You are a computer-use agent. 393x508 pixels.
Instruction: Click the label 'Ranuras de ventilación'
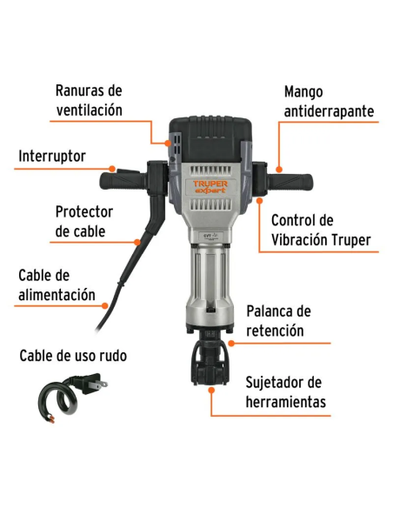[x=89, y=100]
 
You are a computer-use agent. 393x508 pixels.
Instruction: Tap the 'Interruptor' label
[x=52, y=157]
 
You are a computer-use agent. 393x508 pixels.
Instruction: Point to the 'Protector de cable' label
[x=83, y=221]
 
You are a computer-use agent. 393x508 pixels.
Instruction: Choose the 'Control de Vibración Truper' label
[x=321, y=230]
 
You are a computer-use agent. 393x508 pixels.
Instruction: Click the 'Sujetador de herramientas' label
[x=285, y=392]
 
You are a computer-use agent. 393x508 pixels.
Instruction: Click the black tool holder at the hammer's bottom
[x=210, y=358]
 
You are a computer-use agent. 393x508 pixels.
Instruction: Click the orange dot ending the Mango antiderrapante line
[x=280, y=168]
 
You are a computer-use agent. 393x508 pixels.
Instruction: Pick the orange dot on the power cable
[x=107, y=305]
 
